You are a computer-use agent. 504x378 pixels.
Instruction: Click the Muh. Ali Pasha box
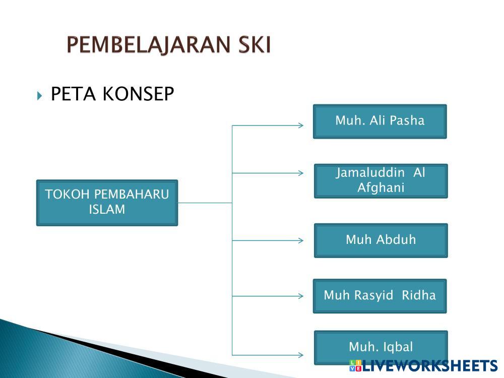pos(380,121)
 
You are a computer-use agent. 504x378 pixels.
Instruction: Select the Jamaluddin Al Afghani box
pos(381,181)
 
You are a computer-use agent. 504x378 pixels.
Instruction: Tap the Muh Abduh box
pos(381,240)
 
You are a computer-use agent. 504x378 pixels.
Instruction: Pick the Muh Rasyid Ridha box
pos(380,296)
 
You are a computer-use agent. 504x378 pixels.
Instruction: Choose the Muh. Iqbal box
pos(381,347)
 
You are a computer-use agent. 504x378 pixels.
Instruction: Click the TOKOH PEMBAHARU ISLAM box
pos(107,203)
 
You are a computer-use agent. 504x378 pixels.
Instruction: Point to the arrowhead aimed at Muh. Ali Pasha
pos(301,125)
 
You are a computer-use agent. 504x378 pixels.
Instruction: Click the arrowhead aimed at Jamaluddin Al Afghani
pos(301,173)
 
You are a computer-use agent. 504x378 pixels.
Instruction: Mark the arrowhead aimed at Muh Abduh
pos(301,240)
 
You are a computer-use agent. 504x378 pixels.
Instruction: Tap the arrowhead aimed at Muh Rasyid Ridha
pos(301,296)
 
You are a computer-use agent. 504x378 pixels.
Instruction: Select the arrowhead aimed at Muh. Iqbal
pos(301,355)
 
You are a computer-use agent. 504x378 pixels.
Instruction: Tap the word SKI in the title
pos(255,44)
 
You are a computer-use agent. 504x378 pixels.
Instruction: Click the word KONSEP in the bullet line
pos(138,94)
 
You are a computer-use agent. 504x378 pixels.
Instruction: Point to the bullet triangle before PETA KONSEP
pos(39,95)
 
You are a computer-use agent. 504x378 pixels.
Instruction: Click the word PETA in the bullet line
pos(73,94)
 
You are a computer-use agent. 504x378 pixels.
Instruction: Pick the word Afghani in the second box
pos(381,187)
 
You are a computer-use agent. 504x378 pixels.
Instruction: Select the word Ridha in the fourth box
pos(419,295)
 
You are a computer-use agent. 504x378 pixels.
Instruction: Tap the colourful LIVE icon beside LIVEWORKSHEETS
pos(355,366)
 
